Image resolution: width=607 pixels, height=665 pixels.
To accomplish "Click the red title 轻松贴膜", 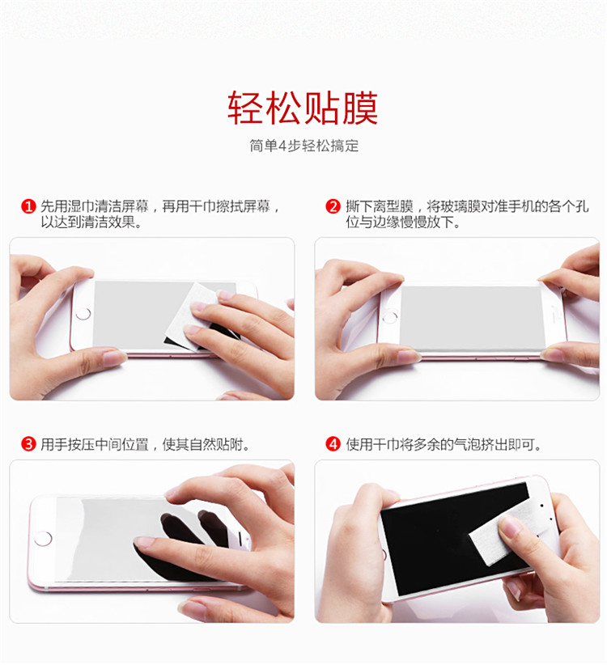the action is [x=303, y=108].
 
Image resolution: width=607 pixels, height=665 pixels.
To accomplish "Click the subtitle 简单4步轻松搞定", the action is [x=303, y=146].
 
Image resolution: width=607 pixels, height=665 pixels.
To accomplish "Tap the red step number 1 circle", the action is [x=28, y=206].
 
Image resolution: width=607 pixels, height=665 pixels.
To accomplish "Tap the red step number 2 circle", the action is [x=333, y=206].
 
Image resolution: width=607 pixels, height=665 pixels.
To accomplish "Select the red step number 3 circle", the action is [x=28, y=444].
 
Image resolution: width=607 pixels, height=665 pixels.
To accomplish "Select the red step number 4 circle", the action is [x=333, y=444].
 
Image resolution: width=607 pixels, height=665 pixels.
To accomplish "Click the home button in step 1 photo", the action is [x=83, y=314].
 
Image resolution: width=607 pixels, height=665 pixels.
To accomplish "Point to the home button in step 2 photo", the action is [x=390, y=317].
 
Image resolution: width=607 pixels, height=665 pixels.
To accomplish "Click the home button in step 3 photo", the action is [x=43, y=539].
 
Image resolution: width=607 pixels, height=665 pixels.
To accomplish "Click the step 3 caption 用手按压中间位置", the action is [x=95, y=444].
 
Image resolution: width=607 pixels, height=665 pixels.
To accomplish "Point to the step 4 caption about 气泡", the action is [x=444, y=444].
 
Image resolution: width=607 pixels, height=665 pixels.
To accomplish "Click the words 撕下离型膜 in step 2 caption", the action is [x=380, y=206].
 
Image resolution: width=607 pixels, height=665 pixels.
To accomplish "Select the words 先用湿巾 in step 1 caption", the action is [x=67, y=206].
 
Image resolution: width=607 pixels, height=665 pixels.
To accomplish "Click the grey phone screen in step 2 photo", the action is [x=472, y=317].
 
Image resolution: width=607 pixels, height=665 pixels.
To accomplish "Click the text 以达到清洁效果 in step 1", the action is [x=91, y=222].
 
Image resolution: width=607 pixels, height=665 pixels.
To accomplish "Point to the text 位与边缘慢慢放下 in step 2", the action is [x=403, y=222].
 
